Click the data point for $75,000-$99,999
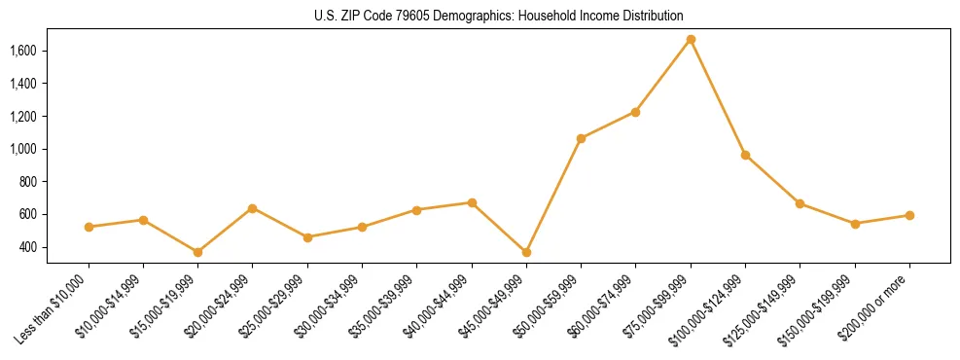(691, 40)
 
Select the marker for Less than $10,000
(89, 227)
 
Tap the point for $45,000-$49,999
(526, 252)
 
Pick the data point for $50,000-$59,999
(581, 138)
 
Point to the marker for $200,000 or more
(909, 215)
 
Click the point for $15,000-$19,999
(197, 252)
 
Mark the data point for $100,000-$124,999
(745, 155)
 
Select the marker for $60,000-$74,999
(635, 112)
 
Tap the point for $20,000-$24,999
(253, 208)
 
